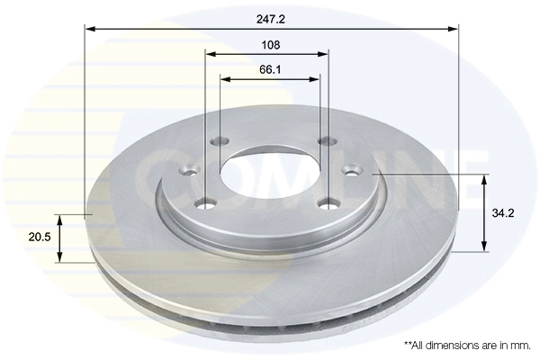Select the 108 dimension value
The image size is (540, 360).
(x=270, y=44)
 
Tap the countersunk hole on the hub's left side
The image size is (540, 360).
(x=189, y=172)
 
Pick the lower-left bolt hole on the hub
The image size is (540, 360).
(x=208, y=203)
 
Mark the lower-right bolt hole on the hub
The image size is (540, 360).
(x=331, y=202)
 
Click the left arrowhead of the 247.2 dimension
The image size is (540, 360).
(x=90, y=29)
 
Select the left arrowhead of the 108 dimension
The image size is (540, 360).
(x=210, y=54)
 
